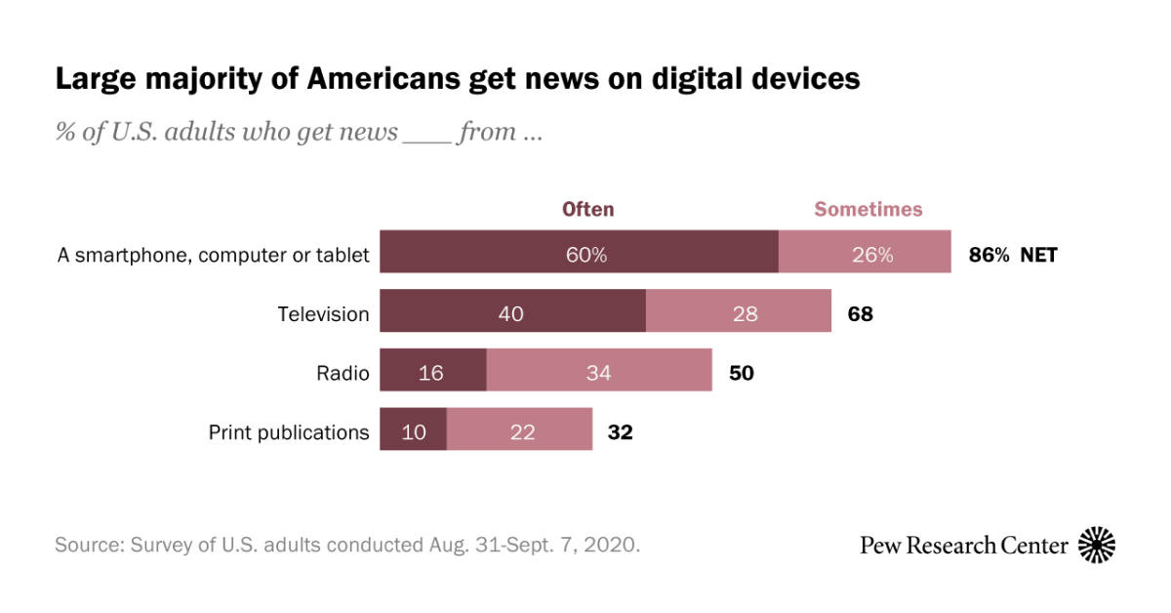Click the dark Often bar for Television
(x=512, y=313)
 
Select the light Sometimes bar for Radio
(x=598, y=372)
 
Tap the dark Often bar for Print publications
(x=413, y=430)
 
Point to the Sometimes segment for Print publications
(x=519, y=430)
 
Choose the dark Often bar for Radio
(x=432, y=372)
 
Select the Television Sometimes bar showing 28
(x=739, y=313)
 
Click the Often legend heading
(x=587, y=209)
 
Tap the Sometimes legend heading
(x=868, y=209)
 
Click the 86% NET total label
(x=1013, y=256)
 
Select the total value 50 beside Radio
(x=742, y=373)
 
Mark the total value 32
(x=621, y=431)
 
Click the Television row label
(x=323, y=314)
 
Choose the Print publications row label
(x=289, y=431)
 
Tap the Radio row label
(x=343, y=373)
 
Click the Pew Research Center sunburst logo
(x=1097, y=545)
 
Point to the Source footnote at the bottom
(x=347, y=545)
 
